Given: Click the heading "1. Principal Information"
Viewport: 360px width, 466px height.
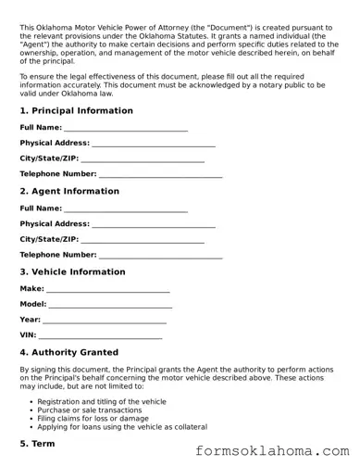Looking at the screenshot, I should [76, 111].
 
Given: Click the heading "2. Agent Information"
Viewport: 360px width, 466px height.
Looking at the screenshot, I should [69, 192].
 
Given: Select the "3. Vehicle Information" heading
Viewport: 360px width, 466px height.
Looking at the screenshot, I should [73, 272].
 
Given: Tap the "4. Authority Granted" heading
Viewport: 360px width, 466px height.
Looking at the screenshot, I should [68, 353].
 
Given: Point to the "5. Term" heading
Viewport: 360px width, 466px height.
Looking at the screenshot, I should [38, 445].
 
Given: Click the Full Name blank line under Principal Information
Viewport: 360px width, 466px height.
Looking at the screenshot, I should [126, 129].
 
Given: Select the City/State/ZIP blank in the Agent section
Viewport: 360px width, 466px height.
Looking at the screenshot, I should [143, 240].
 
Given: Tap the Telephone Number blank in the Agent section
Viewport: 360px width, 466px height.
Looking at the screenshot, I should [160, 256].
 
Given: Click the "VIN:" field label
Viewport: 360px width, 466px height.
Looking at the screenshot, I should [28, 334].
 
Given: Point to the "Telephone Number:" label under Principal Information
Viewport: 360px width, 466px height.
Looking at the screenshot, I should [57, 174].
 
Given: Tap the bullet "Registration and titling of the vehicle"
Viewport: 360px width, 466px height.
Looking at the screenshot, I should [102, 402].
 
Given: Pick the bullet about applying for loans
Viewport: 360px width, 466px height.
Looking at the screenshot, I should [122, 427].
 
